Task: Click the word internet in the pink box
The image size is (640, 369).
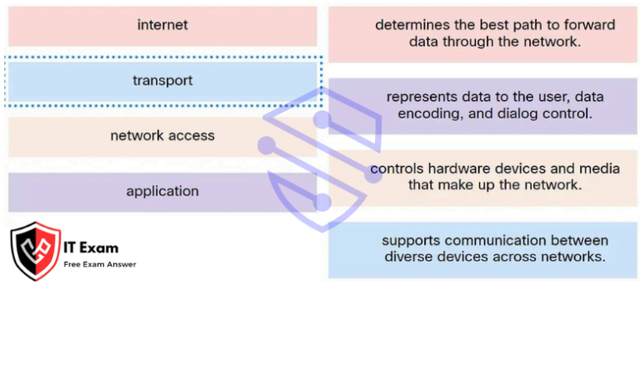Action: (162, 25)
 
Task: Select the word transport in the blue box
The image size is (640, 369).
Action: (162, 81)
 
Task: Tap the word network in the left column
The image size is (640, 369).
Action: (137, 136)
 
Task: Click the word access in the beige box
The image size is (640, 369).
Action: (192, 136)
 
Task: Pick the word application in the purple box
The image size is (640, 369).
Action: (162, 192)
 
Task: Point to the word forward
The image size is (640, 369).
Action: (589, 25)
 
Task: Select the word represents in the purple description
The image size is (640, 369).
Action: (422, 97)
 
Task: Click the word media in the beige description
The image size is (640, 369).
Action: (600, 168)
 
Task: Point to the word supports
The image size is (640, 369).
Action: (411, 242)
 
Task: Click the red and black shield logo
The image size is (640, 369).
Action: (36, 252)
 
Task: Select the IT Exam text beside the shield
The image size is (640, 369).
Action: (91, 247)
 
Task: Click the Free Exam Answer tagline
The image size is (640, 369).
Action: (100, 265)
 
